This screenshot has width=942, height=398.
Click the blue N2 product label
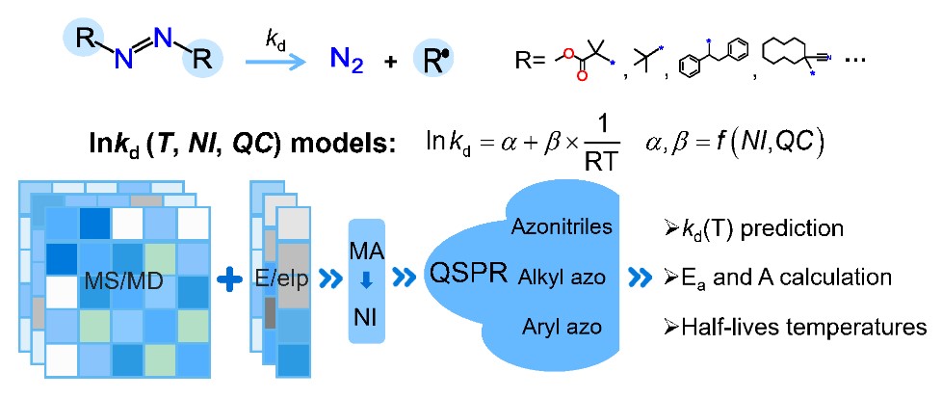[348, 62]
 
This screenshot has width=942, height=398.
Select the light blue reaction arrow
[275, 62]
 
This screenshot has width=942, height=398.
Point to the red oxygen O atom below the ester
[581, 76]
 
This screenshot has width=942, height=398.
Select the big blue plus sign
[229, 280]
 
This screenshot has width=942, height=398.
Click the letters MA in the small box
[366, 252]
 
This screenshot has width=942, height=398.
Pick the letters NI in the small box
[366, 317]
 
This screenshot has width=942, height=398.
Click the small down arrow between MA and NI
[366, 283]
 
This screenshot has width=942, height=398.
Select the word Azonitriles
[563, 226]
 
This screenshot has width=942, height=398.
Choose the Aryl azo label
[563, 328]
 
